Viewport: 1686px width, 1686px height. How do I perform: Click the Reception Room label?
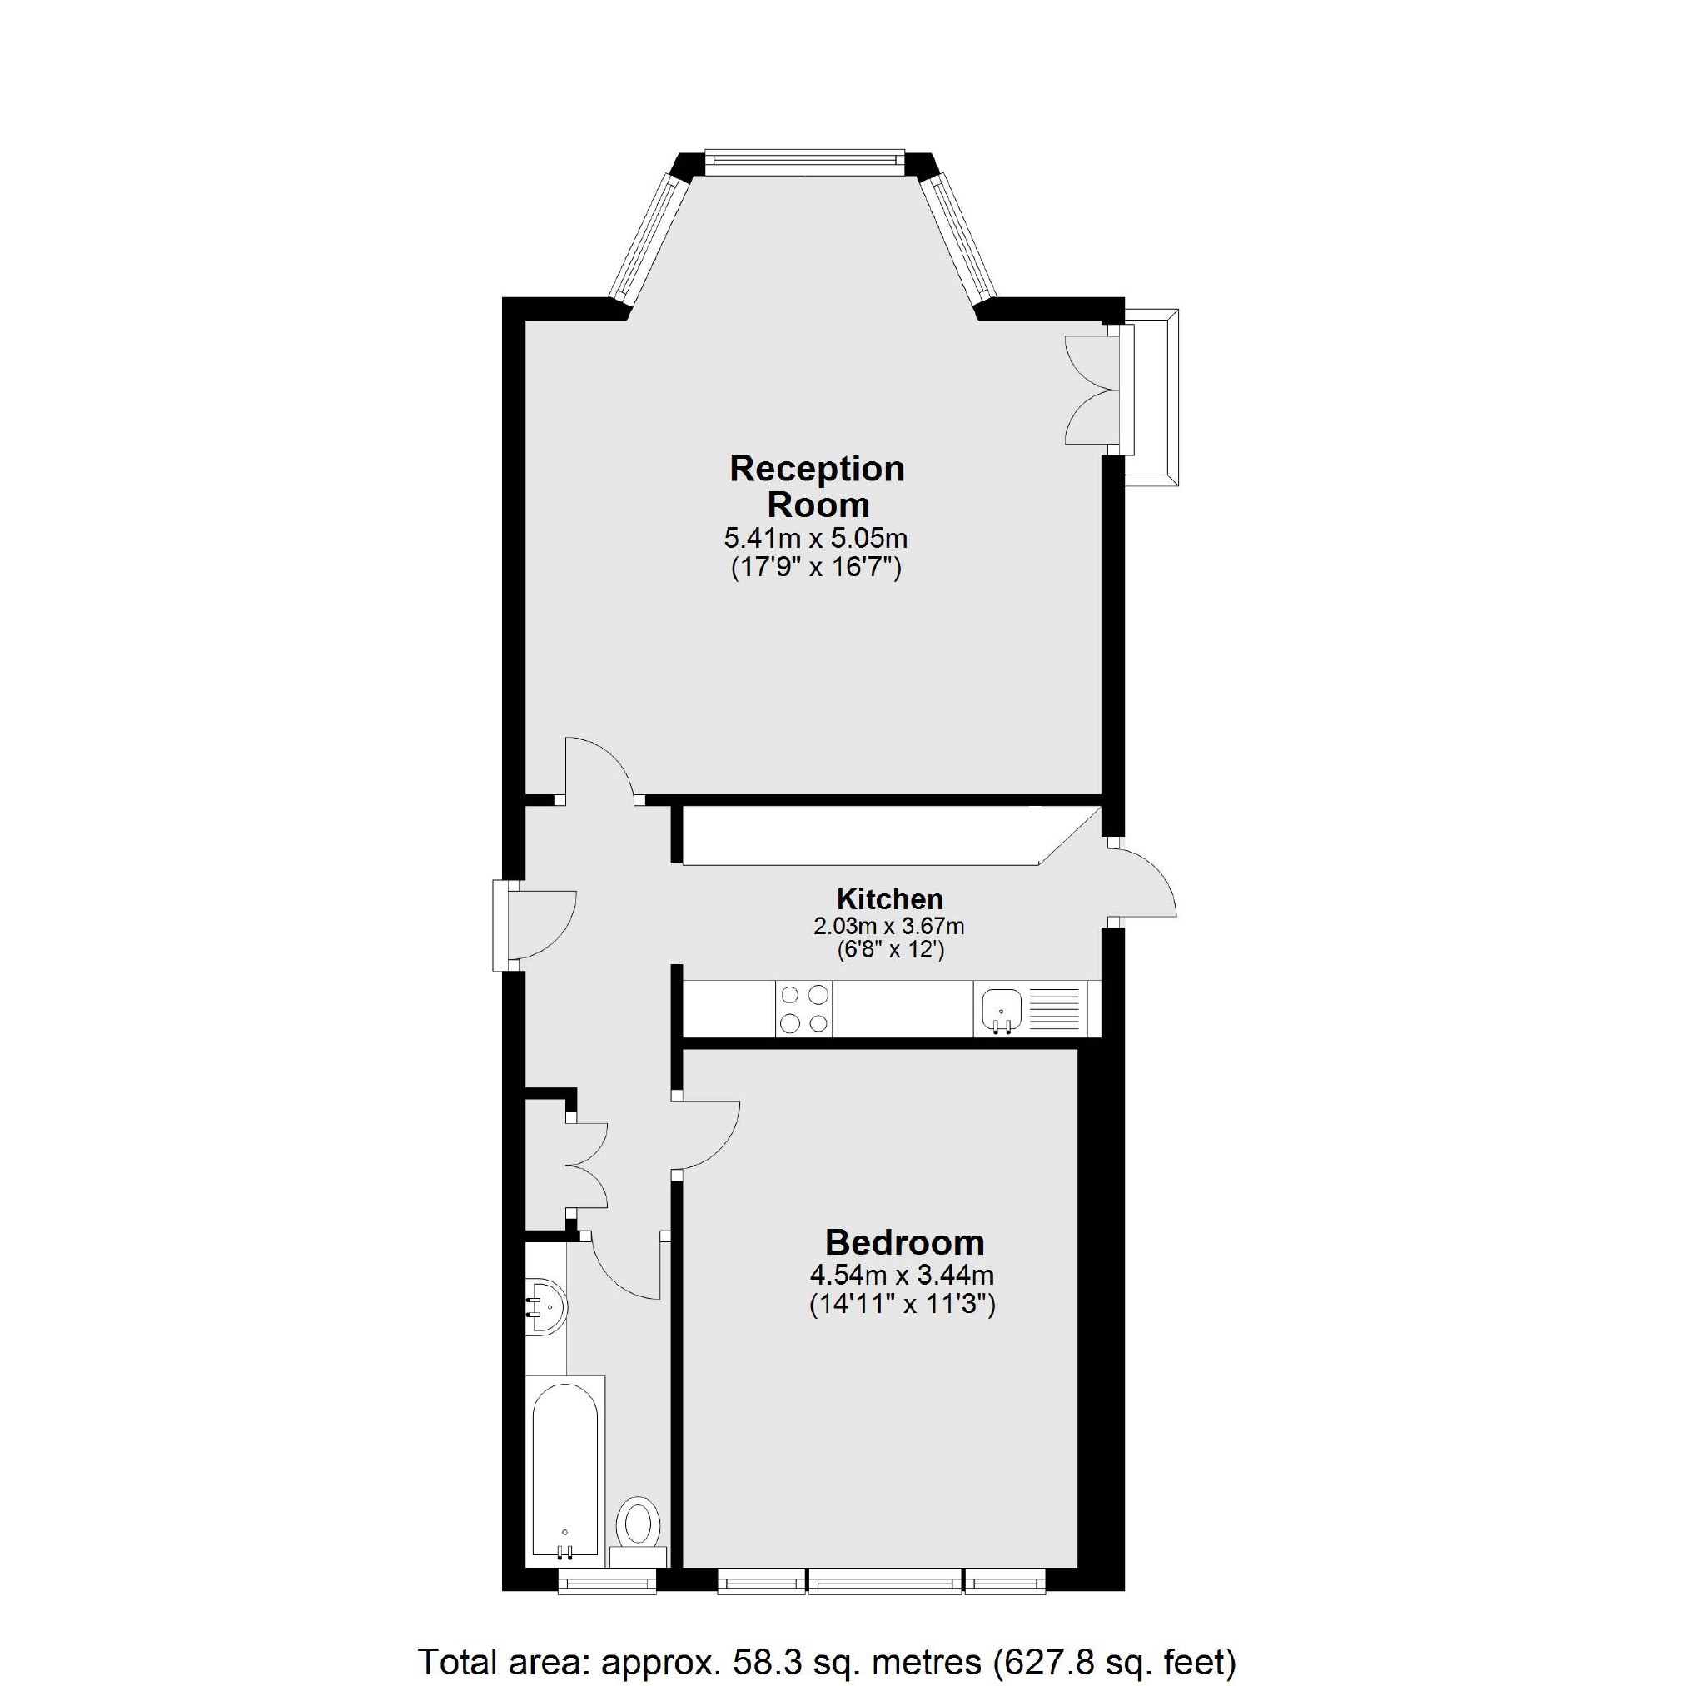point(817,487)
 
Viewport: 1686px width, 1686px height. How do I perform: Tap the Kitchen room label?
point(889,899)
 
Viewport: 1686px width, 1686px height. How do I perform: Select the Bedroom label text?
point(904,1241)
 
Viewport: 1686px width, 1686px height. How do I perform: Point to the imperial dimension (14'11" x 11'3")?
point(903,1305)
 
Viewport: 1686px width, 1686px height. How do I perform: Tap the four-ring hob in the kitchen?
point(803,1009)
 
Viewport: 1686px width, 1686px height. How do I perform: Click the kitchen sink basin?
point(1001,1009)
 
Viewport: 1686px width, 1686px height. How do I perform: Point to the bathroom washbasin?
point(547,1307)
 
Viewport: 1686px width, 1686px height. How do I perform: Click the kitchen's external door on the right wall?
point(1145,883)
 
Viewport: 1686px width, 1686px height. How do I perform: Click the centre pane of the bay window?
point(801,159)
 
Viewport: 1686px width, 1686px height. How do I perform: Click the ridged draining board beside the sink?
point(1055,1009)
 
